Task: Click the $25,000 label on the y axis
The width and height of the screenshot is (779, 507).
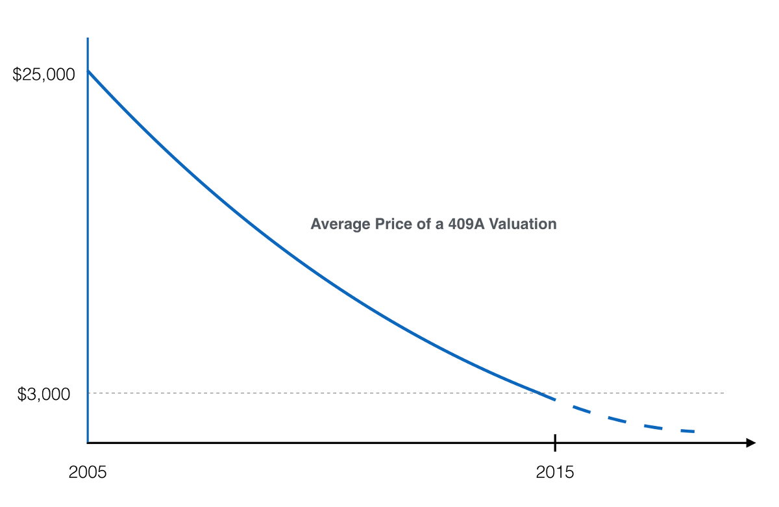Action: click(x=44, y=75)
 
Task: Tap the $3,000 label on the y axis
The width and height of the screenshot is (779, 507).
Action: click(x=44, y=394)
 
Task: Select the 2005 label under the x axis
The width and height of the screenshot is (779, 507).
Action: click(x=87, y=473)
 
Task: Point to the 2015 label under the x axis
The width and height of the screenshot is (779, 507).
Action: click(x=555, y=473)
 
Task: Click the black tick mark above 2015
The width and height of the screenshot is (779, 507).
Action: click(x=555, y=443)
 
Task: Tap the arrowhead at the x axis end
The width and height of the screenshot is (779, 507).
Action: click(x=751, y=443)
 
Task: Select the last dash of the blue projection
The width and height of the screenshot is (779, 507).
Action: click(x=685, y=431)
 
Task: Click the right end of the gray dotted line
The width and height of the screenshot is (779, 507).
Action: click(x=723, y=393)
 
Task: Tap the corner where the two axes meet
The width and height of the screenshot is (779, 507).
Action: click(x=88, y=443)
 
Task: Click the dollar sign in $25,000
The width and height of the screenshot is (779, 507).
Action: click(x=18, y=75)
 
